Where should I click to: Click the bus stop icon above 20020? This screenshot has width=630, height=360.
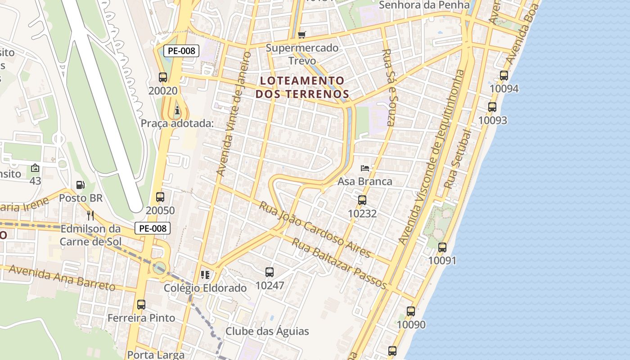click(163, 77)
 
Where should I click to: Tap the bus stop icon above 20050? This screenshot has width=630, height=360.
click(160, 197)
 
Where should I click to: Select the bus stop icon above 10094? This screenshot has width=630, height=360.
click(504, 75)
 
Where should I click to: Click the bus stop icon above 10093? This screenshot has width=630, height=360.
click(492, 107)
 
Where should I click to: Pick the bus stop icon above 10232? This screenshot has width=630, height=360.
click(362, 200)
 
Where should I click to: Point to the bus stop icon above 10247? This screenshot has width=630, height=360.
click(270, 272)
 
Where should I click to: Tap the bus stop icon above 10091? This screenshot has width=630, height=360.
click(442, 247)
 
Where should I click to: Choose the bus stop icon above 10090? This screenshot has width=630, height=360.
click(411, 311)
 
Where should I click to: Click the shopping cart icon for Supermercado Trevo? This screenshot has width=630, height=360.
click(302, 35)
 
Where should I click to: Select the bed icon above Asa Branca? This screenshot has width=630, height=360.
click(365, 168)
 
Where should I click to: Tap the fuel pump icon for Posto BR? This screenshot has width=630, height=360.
click(81, 184)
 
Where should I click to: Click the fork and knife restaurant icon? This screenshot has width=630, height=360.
click(90, 215)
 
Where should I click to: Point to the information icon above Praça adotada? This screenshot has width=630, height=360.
click(177, 110)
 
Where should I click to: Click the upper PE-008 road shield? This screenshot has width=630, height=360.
click(181, 51)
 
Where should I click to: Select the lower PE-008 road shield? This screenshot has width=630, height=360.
click(153, 228)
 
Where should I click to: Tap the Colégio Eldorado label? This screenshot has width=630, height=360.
click(205, 288)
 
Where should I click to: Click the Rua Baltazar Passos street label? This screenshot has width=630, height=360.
click(340, 263)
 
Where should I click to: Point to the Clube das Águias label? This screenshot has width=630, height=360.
click(267, 331)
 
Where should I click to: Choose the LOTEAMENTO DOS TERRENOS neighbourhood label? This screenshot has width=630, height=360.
click(302, 87)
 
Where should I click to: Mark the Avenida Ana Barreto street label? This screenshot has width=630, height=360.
click(62, 278)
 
